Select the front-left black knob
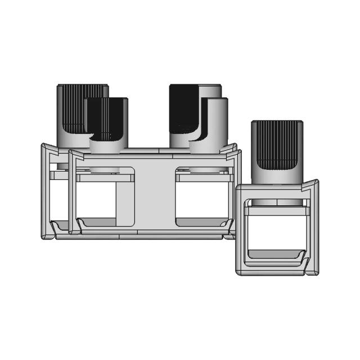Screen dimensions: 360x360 tap(107, 118)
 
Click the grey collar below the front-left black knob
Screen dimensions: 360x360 tap(106, 146)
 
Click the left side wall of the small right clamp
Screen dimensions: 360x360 tap(240, 231)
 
